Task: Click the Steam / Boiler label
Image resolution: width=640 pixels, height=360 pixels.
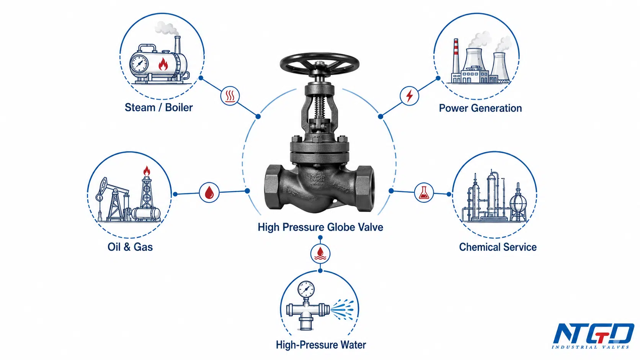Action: pyautogui.click(x=158, y=108)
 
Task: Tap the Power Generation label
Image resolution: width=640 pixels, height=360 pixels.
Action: pyautogui.click(x=480, y=108)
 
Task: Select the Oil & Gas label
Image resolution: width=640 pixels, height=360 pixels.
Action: pyautogui.click(x=130, y=247)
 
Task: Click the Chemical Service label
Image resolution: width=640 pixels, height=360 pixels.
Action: pyautogui.click(x=498, y=247)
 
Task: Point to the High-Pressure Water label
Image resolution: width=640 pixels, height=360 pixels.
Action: pyautogui.click(x=321, y=345)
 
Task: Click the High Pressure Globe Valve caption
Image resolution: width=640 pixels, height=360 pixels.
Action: pyautogui.click(x=320, y=227)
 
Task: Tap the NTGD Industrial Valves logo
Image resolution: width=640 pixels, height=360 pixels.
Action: pyautogui.click(x=593, y=336)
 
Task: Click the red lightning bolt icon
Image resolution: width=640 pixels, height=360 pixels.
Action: pyautogui.click(x=410, y=96)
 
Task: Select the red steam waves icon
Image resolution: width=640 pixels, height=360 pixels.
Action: pyautogui.click(x=230, y=96)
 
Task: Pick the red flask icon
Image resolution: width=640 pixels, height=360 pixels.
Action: pyautogui.click(x=424, y=193)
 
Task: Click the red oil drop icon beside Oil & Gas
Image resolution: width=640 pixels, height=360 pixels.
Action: pyautogui.click(x=209, y=192)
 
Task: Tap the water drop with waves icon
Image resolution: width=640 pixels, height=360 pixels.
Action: pyautogui.click(x=320, y=254)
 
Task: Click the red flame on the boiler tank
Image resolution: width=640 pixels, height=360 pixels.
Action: pyautogui.click(x=163, y=64)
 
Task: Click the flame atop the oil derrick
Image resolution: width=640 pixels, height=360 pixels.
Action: pyautogui.click(x=147, y=171)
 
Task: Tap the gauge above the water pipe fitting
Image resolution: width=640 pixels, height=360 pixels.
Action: pyautogui.click(x=306, y=289)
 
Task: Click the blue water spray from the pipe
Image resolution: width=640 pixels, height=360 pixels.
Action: pyautogui.click(x=342, y=310)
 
